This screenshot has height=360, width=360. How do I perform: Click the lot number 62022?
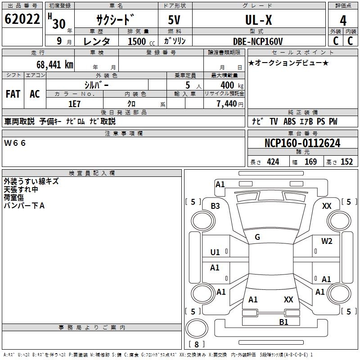point(22,20)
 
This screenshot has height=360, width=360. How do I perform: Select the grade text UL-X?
point(258,20)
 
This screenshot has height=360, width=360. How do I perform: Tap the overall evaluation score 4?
point(343,21)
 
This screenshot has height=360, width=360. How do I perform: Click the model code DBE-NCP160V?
point(258,41)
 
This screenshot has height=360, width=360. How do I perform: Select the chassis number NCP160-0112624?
point(302,143)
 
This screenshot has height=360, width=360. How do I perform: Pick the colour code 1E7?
point(74,103)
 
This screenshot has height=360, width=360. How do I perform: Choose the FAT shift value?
point(13,94)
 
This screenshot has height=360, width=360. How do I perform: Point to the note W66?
point(15,143)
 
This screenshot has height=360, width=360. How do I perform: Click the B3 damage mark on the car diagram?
point(215,206)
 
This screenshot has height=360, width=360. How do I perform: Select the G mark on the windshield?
point(257,237)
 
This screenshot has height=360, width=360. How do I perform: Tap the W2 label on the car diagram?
point(327,241)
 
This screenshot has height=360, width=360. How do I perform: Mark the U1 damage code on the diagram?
point(215,252)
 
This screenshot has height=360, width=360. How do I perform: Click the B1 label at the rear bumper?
point(283,322)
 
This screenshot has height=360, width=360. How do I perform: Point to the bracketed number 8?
point(196,344)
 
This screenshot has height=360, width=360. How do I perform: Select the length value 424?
point(273,162)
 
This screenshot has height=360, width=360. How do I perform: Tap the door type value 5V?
point(175,21)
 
